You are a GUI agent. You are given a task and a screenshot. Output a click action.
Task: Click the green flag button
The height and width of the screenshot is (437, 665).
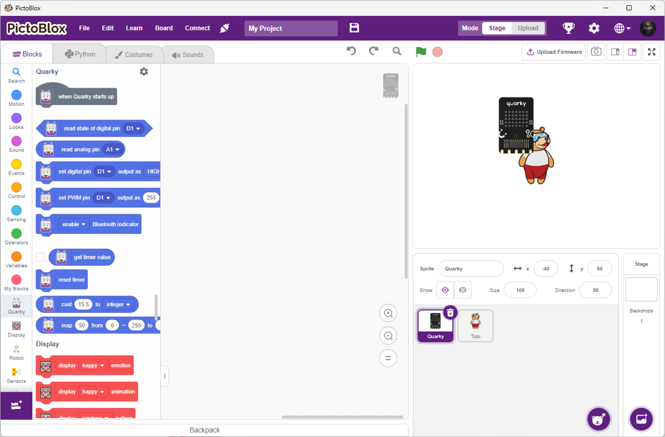click(421, 52)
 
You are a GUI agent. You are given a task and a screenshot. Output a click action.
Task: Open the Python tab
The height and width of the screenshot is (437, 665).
click(80, 54)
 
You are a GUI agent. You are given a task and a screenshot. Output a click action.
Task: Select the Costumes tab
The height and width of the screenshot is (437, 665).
click(134, 55)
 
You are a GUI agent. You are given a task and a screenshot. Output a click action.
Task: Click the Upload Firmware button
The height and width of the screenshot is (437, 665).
click(554, 52)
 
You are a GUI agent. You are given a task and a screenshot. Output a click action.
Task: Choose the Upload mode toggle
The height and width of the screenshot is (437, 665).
click(528, 28)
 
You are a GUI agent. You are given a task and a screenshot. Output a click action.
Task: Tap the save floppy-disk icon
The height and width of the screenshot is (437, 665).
click(354, 28)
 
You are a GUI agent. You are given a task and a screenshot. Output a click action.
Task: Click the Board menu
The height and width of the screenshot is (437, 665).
click(164, 28)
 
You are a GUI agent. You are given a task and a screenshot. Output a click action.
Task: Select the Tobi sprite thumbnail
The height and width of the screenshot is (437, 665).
click(475, 325)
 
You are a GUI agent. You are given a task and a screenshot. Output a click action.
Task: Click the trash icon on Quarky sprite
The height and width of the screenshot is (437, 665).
click(450, 313)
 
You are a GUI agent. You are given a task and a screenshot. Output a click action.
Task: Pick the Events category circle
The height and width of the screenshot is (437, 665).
click(16, 164)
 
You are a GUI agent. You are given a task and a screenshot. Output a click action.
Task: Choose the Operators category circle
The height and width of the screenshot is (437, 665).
click(16, 233)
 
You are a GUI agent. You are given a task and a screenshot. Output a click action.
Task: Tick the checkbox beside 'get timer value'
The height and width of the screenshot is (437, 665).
click(40, 257)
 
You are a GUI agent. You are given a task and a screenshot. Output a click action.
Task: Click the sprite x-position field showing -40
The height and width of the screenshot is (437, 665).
click(546, 269)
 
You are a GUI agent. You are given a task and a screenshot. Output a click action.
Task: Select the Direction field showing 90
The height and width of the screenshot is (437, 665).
click(596, 290)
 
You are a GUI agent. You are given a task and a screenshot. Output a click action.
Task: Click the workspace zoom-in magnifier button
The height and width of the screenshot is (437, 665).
click(388, 313)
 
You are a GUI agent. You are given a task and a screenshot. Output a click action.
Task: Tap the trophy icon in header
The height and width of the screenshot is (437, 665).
click(568, 28)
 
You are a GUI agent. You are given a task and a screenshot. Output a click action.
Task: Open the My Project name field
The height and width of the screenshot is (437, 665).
click(291, 29)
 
